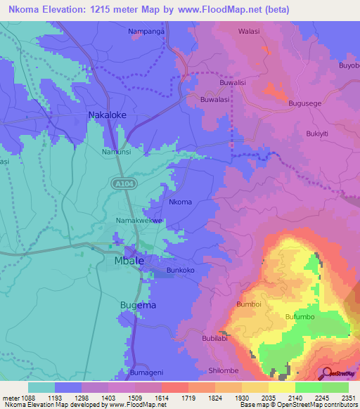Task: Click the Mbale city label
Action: (x=129, y=261)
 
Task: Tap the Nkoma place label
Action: (x=180, y=202)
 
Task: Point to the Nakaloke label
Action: (x=107, y=114)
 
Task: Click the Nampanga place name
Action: (x=147, y=32)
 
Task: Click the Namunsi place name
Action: (x=116, y=152)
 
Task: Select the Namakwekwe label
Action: (x=139, y=221)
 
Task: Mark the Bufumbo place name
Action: (x=299, y=318)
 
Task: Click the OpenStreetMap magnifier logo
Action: (x=328, y=373)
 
